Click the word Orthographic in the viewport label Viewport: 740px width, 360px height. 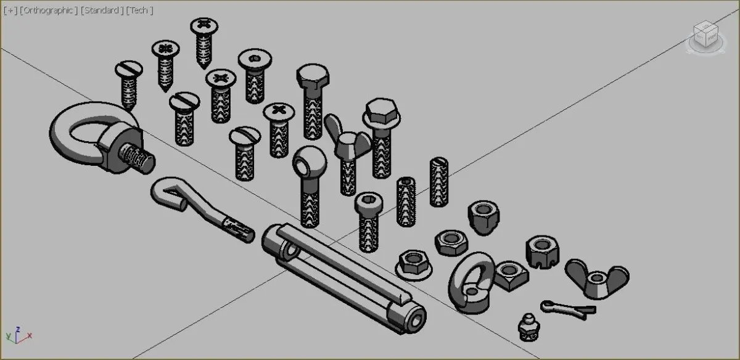[48, 10]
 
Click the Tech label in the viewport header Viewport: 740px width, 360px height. [139, 10]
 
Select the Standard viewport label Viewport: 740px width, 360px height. [102, 10]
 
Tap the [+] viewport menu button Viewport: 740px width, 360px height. [10, 10]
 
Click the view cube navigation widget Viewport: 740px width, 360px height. [706, 37]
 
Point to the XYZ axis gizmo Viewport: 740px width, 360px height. [18, 335]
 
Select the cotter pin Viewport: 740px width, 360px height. [568, 309]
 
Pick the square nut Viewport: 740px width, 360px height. [511, 276]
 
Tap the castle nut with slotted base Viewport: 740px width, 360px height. [543, 252]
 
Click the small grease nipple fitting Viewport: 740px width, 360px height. [529, 327]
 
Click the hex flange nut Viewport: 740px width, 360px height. [414, 265]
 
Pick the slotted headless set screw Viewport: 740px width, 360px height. [438, 182]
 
